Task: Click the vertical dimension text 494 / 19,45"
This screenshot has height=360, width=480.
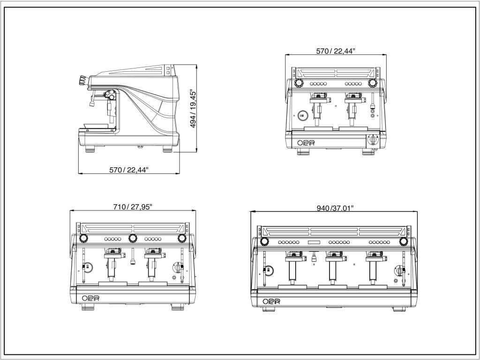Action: (x=191, y=109)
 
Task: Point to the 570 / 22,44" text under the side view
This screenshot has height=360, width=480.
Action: (x=128, y=170)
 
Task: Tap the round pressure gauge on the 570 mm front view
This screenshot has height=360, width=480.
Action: (x=303, y=114)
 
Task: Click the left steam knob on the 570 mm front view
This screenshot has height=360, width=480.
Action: (x=298, y=83)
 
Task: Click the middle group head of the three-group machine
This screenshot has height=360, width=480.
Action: (x=333, y=257)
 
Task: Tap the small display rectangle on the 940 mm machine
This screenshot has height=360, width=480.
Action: (x=314, y=242)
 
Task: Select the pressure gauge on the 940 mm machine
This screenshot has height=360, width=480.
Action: (x=269, y=270)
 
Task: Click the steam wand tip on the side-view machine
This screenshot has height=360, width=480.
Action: (x=90, y=104)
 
